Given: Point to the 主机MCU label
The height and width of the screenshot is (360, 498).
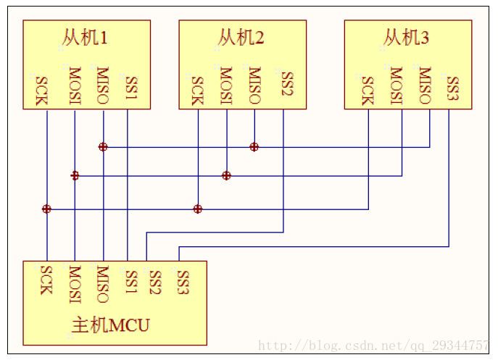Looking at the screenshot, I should (110, 325).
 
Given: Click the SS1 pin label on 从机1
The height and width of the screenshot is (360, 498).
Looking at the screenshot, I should (131, 88).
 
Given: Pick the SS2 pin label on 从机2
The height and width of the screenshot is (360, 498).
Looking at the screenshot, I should (287, 85).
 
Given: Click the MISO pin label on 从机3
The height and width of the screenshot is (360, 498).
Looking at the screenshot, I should (425, 86).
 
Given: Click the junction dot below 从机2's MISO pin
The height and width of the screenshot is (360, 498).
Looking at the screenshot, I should (254, 147).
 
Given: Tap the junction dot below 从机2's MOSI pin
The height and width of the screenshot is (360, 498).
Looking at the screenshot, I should (226, 175).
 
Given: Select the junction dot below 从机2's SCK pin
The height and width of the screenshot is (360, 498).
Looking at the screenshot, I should (197, 209).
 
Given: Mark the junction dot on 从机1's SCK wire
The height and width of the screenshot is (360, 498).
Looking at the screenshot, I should (46, 209).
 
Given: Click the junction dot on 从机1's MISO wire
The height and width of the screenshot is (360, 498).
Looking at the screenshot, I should (103, 147).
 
